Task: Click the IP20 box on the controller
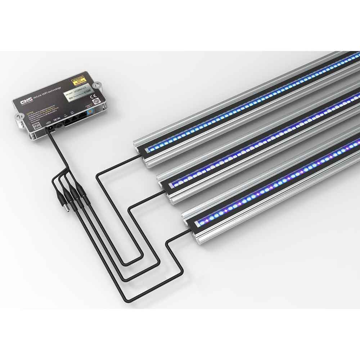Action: pos(35,126)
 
